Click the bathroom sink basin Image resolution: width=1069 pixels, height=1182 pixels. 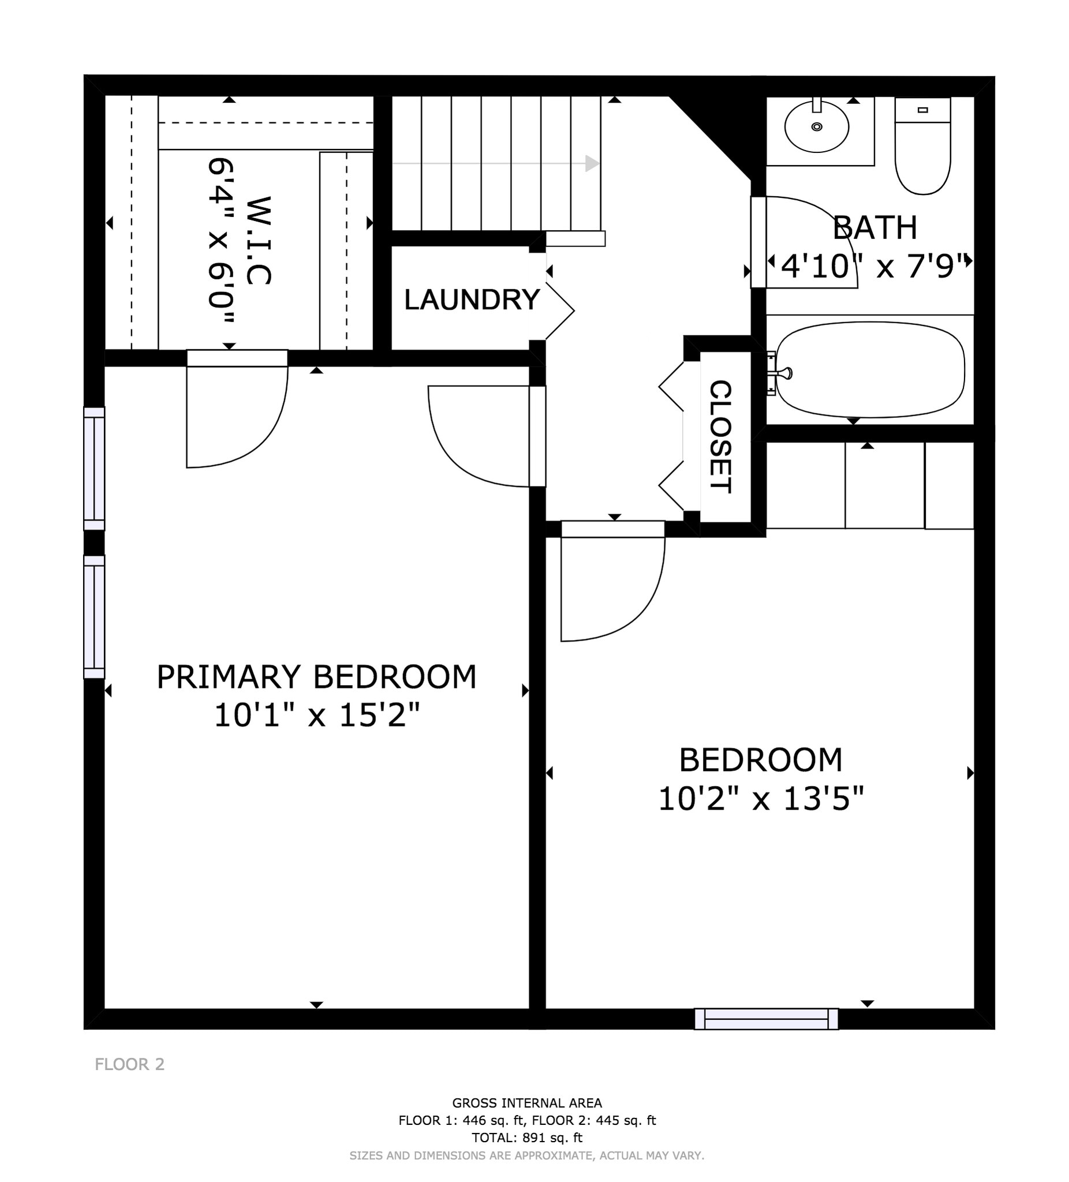pyautogui.click(x=816, y=126)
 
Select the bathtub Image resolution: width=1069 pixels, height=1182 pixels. pyautogui.click(x=870, y=370)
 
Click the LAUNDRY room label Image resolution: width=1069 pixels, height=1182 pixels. pyautogui.click(x=472, y=300)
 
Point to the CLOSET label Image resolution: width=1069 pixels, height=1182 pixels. pyautogui.click(x=721, y=436)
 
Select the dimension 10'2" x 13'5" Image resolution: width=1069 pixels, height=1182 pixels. pyautogui.click(x=761, y=799)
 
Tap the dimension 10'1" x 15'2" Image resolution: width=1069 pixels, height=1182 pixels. pyautogui.click(x=317, y=715)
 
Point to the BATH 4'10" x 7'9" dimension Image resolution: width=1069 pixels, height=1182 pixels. pyautogui.click(x=874, y=267)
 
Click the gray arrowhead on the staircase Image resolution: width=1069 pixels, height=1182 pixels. pyautogui.click(x=592, y=163)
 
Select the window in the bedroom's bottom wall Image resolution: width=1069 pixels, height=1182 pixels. pyautogui.click(x=766, y=1019)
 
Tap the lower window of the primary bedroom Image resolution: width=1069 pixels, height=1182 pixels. pyautogui.click(x=94, y=617)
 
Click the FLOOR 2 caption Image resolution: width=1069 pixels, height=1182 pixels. pyautogui.click(x=130, y=1064)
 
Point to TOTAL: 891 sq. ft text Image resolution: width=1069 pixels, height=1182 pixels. pyautogui.click(x=526, y=1138)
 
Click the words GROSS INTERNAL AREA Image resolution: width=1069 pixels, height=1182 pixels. pyautogui.click(x=526, y=1103)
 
